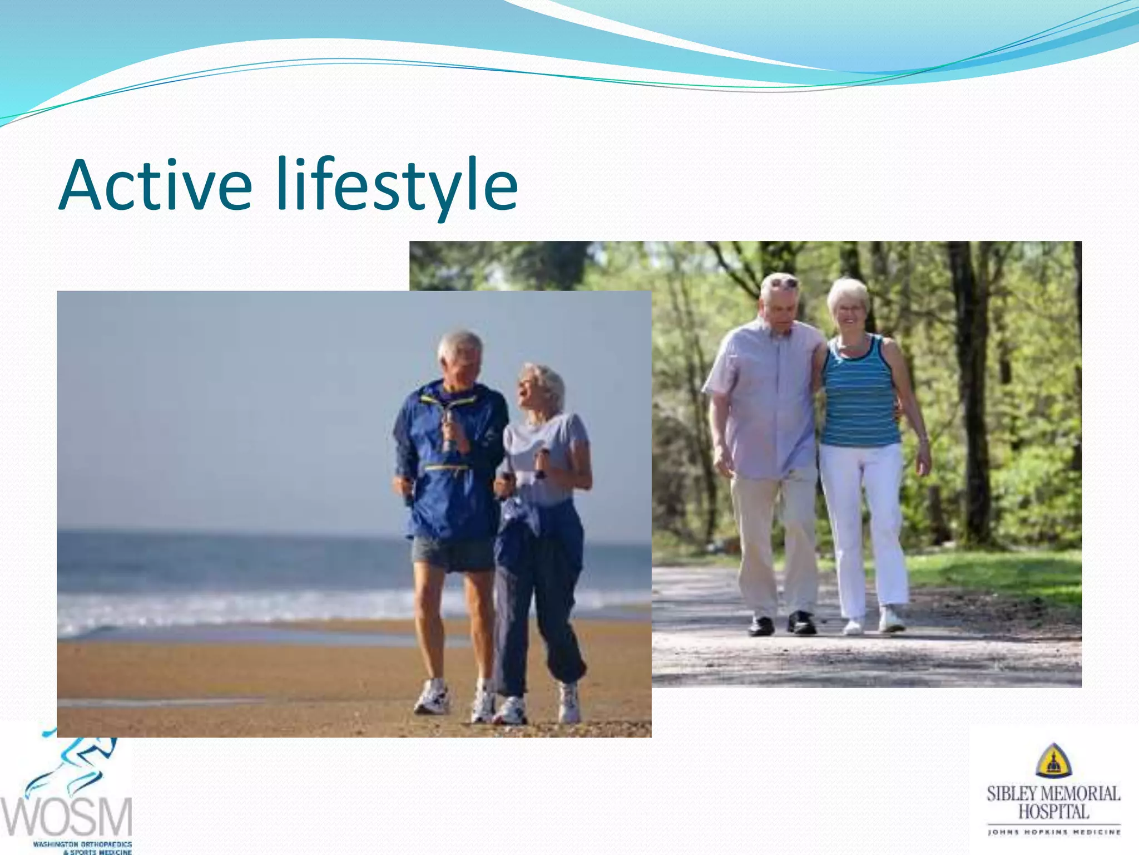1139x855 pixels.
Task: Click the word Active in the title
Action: coord(156,185)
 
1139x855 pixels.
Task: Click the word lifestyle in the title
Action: coord(397,185)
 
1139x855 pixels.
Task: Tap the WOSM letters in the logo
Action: coord(67,816)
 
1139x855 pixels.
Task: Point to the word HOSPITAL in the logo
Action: coord(1053,812)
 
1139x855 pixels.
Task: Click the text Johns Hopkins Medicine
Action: coord(1053,832)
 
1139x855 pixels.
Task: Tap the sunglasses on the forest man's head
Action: coord(783,283)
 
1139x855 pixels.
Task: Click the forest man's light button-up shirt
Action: coord(765,401)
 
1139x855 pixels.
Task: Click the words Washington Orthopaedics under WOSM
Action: coord(82,844)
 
